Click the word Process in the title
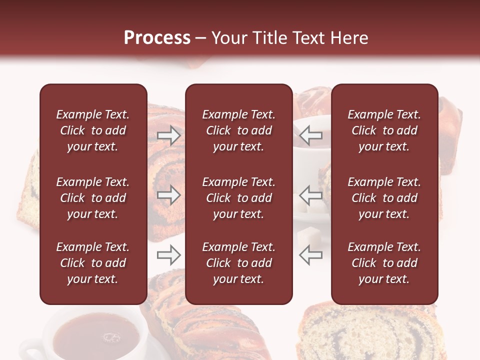(x=157, y=38)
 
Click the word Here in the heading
(x=348, y=38)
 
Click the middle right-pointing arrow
(x=168, y=195)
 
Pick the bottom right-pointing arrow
(x=168, y=255)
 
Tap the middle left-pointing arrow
(x=310, y=195)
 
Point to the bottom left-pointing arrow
(x=310, y=255)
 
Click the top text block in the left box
(x=93, y=130)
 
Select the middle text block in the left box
(x=93, y=198)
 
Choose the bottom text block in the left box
(x=93, y=263)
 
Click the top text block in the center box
(x=238, y=130)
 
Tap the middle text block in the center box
(x=238, y=198)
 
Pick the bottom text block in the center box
(x=238, y=263)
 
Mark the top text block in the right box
(x=384, y=130)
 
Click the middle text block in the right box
(x=384, y=198)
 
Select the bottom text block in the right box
(x=384, y=263)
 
